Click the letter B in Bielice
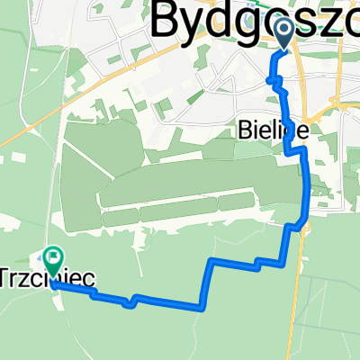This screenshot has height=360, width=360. tap(247, 130)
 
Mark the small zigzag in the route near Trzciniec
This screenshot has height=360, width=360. tap(132, 301)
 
